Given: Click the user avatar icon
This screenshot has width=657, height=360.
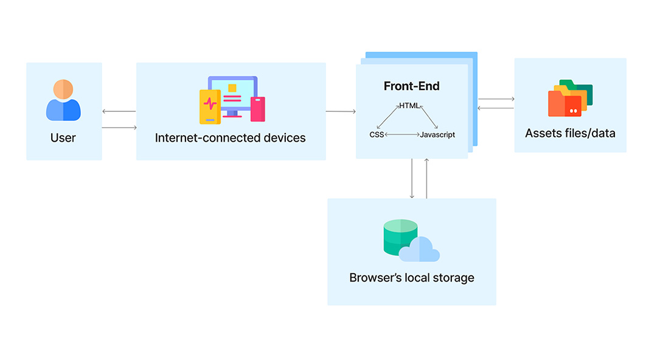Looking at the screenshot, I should pyautogui.click(x=63, y=100).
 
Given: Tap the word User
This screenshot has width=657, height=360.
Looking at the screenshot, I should pyautogui.click(x=63, y=138).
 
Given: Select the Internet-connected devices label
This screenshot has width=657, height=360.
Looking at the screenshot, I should pyautogui.click(x=231, y=138).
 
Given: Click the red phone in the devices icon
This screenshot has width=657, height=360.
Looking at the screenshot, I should pyautogui.click(x=258, y=109).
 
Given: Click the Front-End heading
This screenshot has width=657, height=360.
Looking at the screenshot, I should pyautogui.click(x=411, y=86).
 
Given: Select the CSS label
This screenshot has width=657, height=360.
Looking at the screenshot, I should pyautogui.click(x=377, y=134).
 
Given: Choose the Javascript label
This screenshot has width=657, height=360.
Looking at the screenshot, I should pyautogui.click(x=437, y=134).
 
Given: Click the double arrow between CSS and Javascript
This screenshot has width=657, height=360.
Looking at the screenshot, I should pyautogui.click(x=402, y=134).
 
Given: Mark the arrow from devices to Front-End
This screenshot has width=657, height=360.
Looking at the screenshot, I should pyautogui.click(x=341, y=111).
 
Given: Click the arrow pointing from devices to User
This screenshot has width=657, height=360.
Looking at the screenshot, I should pyautogui.click(x=119, y=111).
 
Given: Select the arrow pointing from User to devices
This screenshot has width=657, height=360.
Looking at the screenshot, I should pyautogui.click(x=119, y=128).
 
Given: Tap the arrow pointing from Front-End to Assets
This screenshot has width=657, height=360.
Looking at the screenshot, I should pyautogui.click(x=496, y=99).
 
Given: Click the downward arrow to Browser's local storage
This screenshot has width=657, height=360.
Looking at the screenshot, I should pyautogui.click(x=412, y=179).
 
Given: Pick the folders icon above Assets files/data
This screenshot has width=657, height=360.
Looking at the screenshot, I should pyautogui.click(x=570, y=99).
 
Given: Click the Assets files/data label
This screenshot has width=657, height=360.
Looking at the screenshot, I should pyautogui.click(x=570, y=133).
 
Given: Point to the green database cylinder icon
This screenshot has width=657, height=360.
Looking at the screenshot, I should pyautogui.click(x=400, y=237).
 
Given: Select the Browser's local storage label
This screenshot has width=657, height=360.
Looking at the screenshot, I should pyautogui.click(x=412, y=278).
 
